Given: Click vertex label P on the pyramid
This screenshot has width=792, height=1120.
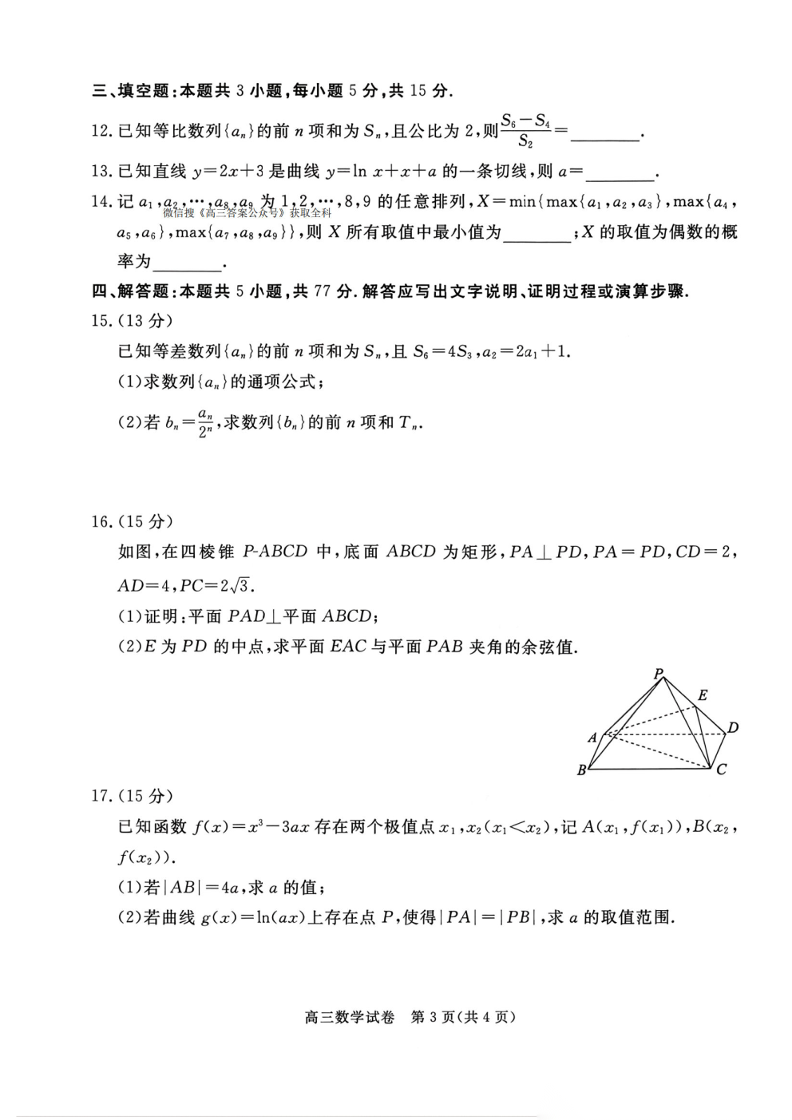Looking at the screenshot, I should (659, 674).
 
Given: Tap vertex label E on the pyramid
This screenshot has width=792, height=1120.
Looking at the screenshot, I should (703, 695).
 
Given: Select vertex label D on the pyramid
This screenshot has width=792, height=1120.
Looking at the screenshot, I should (733, 727).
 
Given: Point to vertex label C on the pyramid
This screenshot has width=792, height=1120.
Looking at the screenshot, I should (721, 770).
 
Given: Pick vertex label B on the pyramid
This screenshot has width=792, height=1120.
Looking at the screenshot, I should (581, 770).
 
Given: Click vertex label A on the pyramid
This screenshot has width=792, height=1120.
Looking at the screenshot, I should (592, 738).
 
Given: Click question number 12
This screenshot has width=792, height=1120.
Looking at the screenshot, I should (101, 131).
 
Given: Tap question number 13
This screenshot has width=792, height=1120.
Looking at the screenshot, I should (101, 172).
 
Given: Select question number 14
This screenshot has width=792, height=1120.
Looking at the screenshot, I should (101, 202).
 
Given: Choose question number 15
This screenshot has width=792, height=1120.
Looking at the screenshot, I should (101, 321).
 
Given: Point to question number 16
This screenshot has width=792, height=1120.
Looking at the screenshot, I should (101, 521).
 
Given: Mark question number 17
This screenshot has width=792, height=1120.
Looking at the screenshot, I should (101, 795).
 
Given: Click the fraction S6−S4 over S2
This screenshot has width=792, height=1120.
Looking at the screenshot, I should (525, 131).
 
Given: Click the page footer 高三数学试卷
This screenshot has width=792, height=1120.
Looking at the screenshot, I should (350, 1017).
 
